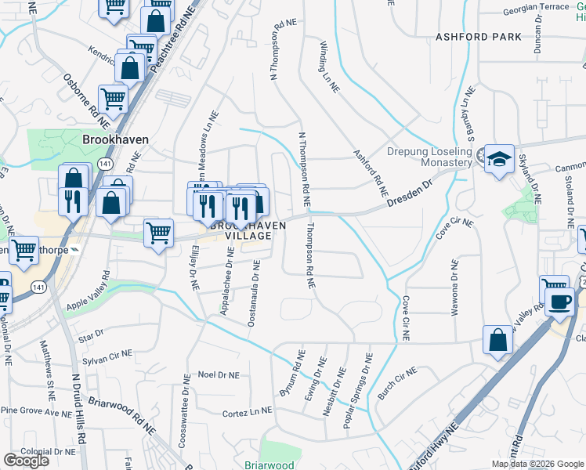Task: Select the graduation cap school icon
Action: pyautogui.click(x=499, y=160)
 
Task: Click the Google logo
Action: pyautogui.click(x=26, y=461)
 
